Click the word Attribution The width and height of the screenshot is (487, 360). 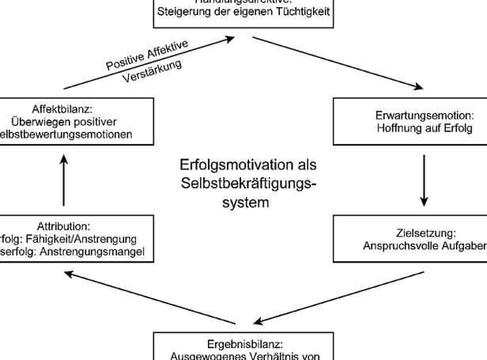pyautogui.click(x=63, y=225)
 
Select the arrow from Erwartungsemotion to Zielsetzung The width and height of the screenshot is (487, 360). pyautogui.click(x=425, y=178)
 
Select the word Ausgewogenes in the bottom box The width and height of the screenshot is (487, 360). pyautogui.click(x=201, y=355)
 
